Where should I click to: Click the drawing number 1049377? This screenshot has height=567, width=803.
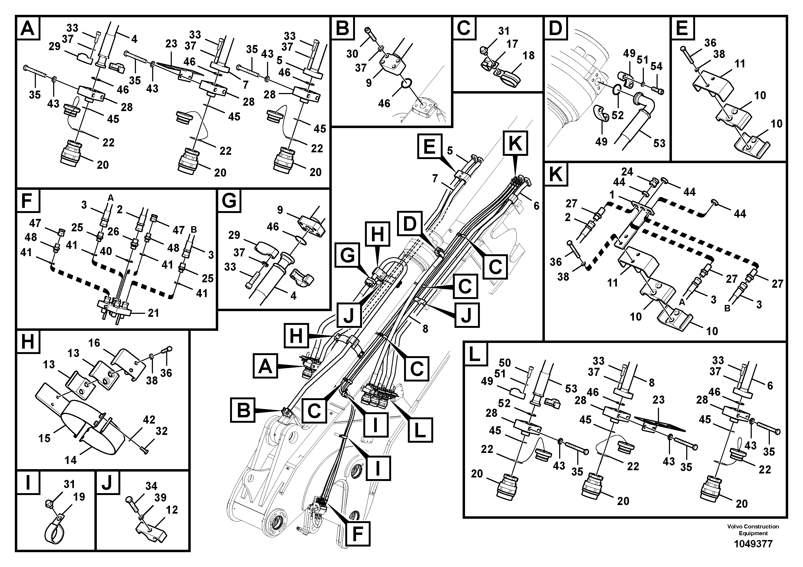click(x=753, y=544)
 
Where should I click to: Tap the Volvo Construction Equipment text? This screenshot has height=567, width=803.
click(x=753, y=530)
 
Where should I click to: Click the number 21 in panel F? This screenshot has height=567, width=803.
click(x=153, y=313)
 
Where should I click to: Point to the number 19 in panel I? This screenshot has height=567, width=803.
click(x=79, y=497)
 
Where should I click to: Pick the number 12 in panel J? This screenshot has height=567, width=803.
click(x=172, y=510)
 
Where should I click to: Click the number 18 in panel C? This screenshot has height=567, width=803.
click(x=528, y=55)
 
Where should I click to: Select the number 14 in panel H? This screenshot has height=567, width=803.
click(x=70, y=460)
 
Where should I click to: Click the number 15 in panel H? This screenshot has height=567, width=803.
click(x=45, y=438)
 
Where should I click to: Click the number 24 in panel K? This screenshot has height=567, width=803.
click(x=627, y=172)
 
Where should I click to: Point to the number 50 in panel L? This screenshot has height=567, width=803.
click(x=505, y=363)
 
